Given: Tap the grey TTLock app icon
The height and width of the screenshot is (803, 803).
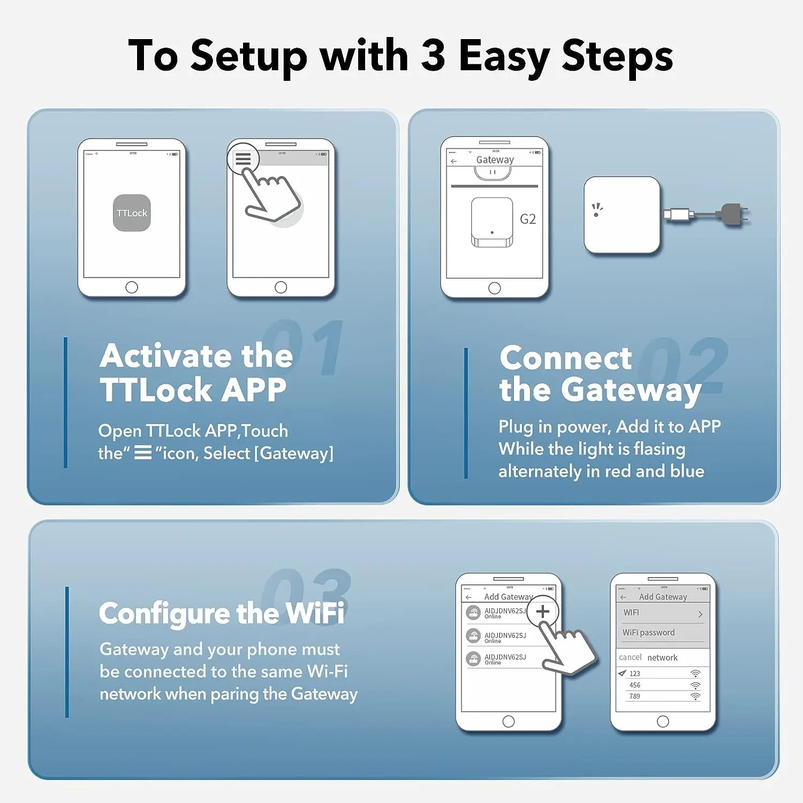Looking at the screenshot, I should coord(132,213).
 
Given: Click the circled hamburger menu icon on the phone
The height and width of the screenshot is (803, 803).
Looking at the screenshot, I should coord(243,159).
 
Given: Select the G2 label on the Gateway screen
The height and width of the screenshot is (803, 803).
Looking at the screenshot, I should coord(527,219).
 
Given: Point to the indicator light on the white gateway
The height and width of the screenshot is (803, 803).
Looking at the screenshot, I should coord(596,215).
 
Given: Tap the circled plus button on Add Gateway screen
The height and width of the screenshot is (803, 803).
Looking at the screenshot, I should coord(542,611).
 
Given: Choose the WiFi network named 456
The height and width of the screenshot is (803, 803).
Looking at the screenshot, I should coord(635,685).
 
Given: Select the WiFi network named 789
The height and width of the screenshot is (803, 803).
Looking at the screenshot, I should coord(635,696).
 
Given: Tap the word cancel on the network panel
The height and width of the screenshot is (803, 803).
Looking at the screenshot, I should coord(630,657).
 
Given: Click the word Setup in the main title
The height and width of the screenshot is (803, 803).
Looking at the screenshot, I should coord(249,56).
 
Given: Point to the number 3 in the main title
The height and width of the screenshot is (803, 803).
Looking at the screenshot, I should coord(433,55).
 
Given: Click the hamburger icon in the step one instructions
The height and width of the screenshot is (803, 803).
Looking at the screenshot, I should coord(142,453).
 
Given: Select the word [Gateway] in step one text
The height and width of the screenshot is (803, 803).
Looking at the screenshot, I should coord(294,453).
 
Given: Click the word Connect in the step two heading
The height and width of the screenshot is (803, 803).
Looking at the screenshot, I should coord(565,358).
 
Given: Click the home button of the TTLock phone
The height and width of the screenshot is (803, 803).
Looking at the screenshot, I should coord(132,287).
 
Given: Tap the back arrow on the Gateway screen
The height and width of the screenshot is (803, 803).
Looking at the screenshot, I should coord(454,161).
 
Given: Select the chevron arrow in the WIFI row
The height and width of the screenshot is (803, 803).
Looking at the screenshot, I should coord(700,614).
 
